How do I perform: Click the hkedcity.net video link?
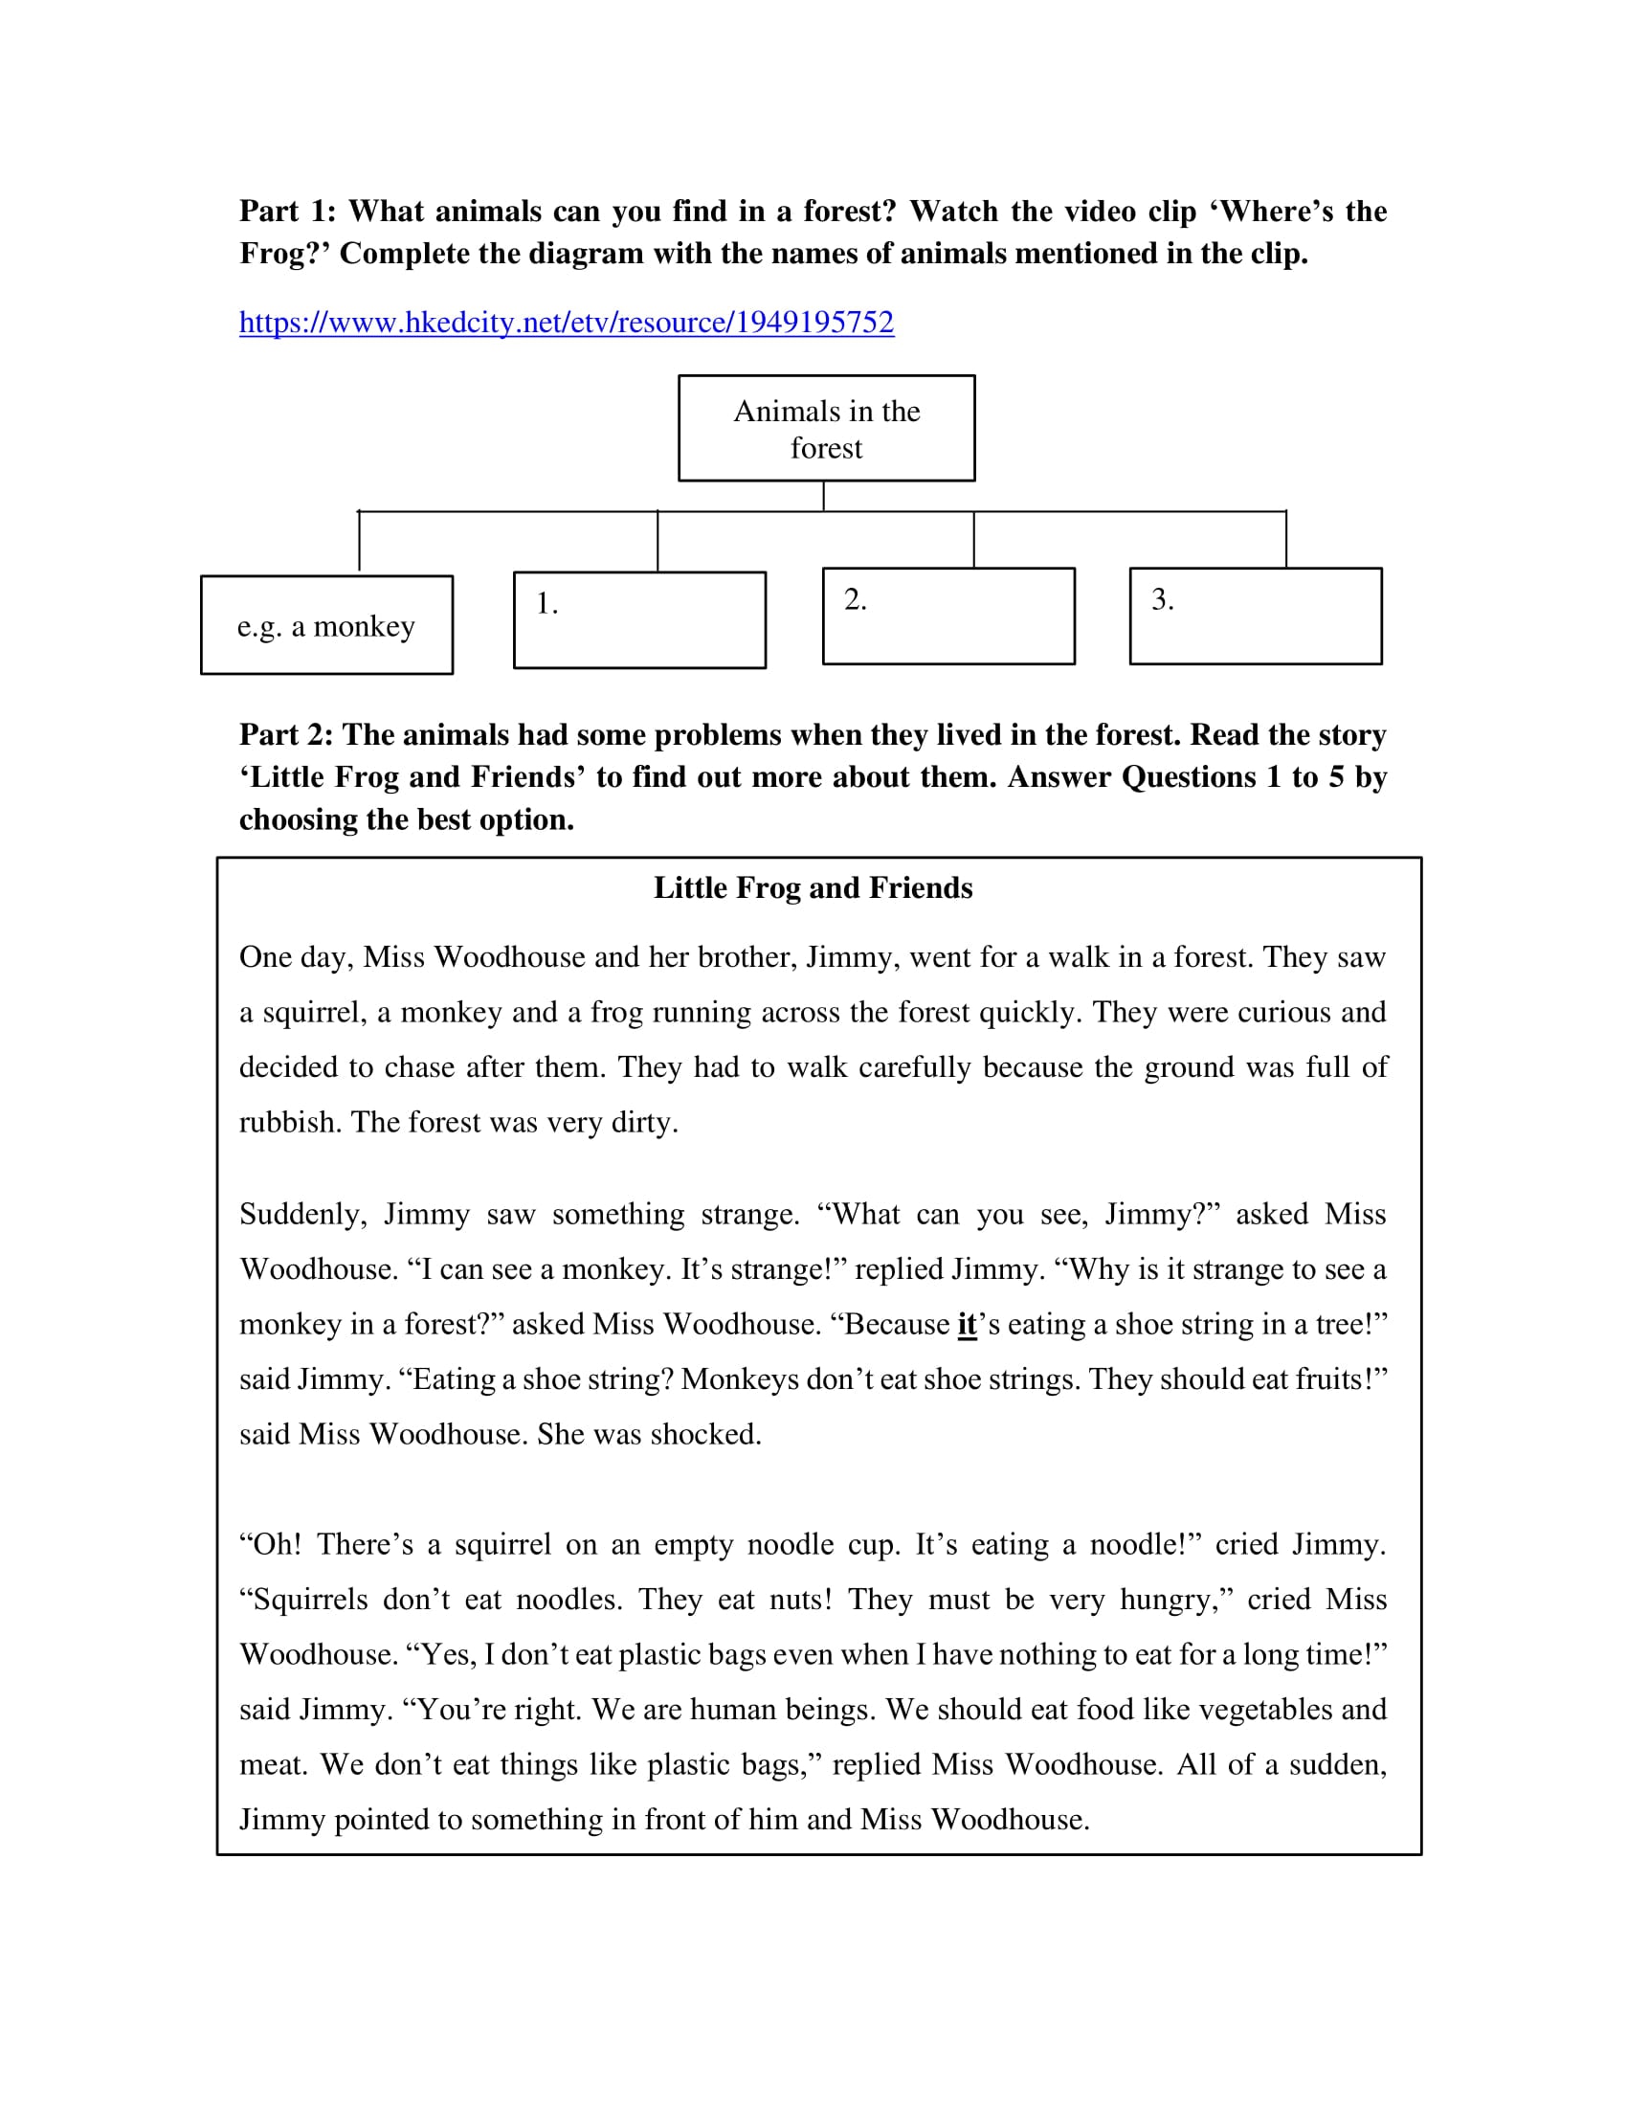point(566,322)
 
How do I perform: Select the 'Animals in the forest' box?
point(826,428)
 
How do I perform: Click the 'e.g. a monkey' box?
point(325,626)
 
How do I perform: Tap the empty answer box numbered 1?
point(639,620)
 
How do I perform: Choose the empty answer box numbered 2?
point(947,616)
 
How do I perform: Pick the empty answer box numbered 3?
point(1255,616)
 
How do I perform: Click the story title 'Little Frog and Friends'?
point(813,888)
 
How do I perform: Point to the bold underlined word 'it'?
point(967,1325)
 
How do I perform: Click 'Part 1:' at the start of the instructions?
point(287,212)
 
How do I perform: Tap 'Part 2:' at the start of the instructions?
point(285,735)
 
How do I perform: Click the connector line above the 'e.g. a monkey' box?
point(360,541)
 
